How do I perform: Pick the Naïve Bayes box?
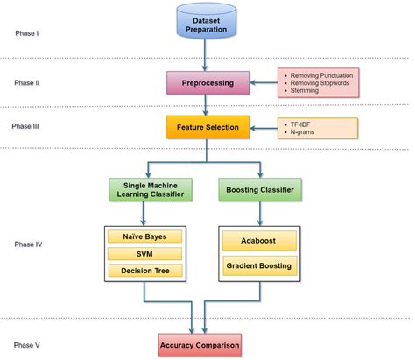(x=144, y=236)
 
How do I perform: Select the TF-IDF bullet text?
(x=302, y=124)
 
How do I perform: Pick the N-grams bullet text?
(x=303, y=131)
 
